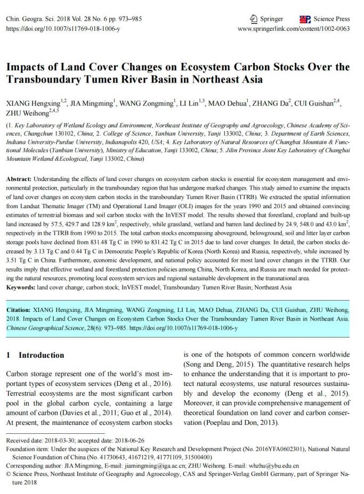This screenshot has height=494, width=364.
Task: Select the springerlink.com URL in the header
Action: [294, 29]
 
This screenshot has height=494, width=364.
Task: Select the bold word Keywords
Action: [20, 287]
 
